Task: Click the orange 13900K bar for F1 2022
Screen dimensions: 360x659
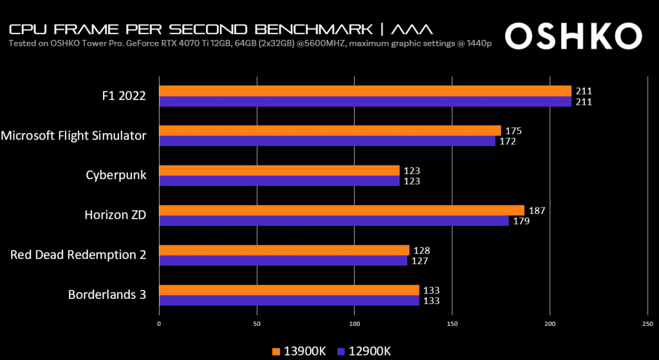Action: [x=365, y=91]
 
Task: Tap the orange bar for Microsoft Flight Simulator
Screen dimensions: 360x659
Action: [x=329, y=131]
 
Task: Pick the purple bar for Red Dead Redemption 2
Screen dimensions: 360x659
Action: [x=283, y=261]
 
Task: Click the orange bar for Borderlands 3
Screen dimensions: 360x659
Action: [x=289, y=290]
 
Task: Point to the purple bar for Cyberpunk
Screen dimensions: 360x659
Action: [x=279, y=181]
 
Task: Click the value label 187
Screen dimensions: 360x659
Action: [x=536, y=211]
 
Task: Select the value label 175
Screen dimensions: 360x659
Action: [x=513, y=131]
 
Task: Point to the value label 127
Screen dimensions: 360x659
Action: [x=420, y=261]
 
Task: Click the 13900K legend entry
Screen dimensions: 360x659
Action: [x=299, y=351]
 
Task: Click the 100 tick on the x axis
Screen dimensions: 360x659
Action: [x=355, y=323]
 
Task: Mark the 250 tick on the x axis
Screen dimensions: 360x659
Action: [x=647, y=323]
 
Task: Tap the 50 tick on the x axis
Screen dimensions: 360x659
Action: [x=257, y=323]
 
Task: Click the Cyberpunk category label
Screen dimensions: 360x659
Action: [x=116, y=175]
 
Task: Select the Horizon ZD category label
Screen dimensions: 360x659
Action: [x=115, y=215]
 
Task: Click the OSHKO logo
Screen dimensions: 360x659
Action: [x=574, y=37]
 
